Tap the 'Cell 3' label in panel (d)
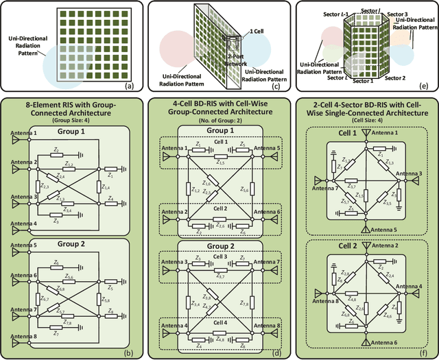click(219, 256)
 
